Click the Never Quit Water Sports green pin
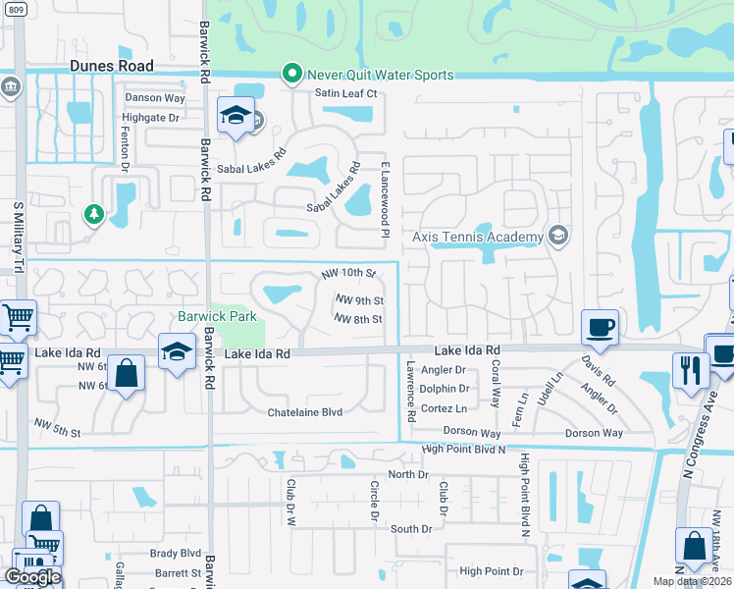tap(291, 74)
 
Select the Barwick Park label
tap(217, 316)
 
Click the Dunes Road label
tap(112, 66)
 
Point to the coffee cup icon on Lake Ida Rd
tap(600, 328)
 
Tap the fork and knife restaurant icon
tap(691, 370)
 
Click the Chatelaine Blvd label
tap(305, 412)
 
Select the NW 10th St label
tap(348, 273)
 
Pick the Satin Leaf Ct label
tap(345, 93)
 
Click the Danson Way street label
tap(155, 98)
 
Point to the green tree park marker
tap(94, 213)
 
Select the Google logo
tap(31, 576)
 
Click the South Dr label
tap(410, 529)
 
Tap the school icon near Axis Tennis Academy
tap(558, 235)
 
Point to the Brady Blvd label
tap(176, 554)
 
